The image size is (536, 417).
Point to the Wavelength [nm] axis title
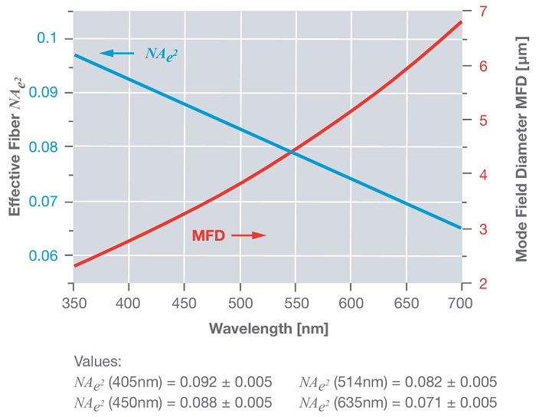pyautogui.click(x=269, y=328)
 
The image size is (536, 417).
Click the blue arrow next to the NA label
pyautogui.click(x=116, y=53)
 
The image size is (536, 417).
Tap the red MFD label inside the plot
pyautogui.click(x=208, y=235)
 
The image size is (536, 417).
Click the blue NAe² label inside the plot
pyautogui.click(x=161, y=53)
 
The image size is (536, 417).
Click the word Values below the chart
pyautogui.click(x=97, y=361)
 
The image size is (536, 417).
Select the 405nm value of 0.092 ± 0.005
pyautogui.click(x=172, y=382)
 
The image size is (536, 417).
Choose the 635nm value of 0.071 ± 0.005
pyautogui.click(x=397, y=402)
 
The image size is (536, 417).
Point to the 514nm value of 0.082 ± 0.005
pyautogui.click(x=397, y=382)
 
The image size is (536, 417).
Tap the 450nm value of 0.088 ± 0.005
pyautogui.click(x=172, y=402)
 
